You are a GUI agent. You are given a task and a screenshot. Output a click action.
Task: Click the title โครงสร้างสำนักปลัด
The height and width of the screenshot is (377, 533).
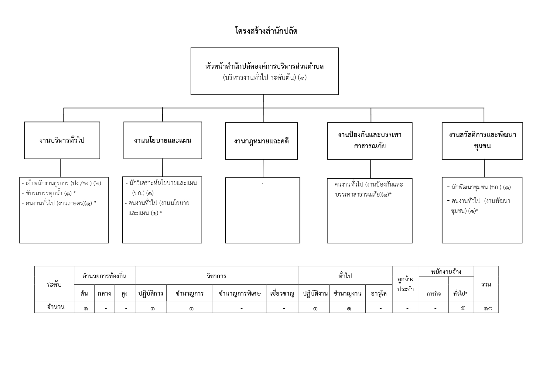[266, 31]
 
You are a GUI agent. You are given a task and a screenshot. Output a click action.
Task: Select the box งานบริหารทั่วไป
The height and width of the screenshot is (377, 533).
[62, 140]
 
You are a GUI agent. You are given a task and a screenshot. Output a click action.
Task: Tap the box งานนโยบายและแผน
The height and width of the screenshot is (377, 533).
[162, 140]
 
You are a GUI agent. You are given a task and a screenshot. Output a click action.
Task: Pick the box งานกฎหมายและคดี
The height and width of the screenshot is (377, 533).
[261, 141]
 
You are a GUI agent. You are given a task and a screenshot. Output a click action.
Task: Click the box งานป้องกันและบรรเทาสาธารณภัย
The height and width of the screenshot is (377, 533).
[370, 141]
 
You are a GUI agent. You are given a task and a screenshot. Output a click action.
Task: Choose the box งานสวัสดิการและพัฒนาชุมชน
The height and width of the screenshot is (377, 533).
[482, 141]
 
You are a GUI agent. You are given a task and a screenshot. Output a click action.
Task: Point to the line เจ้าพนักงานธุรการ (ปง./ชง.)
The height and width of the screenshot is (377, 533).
[62, 183]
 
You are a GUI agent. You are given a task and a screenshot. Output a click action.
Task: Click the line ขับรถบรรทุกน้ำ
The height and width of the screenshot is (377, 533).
[49, 193]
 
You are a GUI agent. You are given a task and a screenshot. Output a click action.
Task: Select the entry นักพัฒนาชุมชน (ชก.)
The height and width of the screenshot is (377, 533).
[479, 187]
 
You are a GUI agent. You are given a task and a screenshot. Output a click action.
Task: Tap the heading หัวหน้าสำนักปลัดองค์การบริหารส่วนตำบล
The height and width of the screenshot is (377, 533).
[265, 66]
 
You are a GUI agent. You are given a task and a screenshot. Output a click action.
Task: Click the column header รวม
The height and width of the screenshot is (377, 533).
[486, 284]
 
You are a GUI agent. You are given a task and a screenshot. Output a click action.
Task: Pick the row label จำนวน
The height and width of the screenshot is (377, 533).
[56, 307]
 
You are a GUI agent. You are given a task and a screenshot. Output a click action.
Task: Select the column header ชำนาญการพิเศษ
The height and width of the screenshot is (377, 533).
[240, 293]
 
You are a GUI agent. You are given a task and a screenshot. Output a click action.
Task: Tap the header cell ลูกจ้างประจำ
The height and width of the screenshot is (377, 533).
[405, 284]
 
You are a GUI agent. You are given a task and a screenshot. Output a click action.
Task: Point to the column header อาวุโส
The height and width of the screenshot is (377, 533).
[379, 293]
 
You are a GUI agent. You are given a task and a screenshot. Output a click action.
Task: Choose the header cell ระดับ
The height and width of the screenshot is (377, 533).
[54, 284]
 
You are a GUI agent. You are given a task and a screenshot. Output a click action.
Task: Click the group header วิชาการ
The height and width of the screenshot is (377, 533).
[217, 276]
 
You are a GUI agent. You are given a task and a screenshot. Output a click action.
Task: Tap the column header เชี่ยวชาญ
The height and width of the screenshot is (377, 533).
[282, 293]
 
